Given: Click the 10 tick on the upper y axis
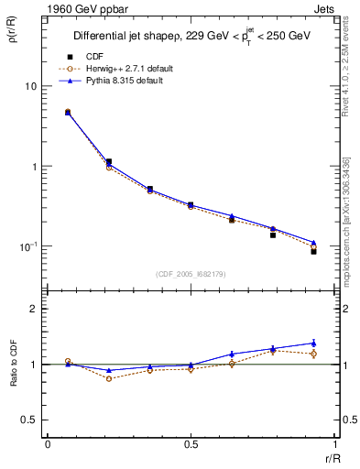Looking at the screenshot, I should click(29, 86).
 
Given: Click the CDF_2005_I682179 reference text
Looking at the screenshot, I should click(190, 274).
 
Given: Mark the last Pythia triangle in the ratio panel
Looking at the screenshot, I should click(313, 343).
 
